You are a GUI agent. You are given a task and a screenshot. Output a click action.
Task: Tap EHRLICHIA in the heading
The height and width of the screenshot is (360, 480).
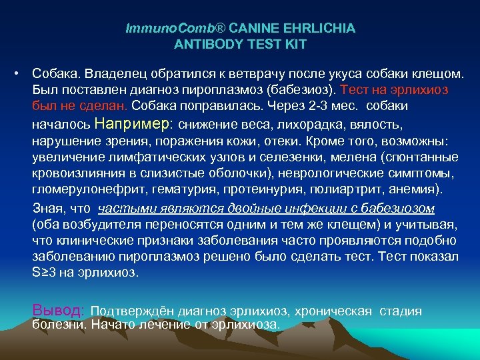click(319, 29)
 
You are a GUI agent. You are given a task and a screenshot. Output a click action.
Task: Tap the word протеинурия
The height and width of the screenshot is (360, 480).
click(249, 191)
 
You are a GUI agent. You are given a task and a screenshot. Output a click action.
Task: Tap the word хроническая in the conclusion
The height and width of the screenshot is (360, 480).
click(339, 311)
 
